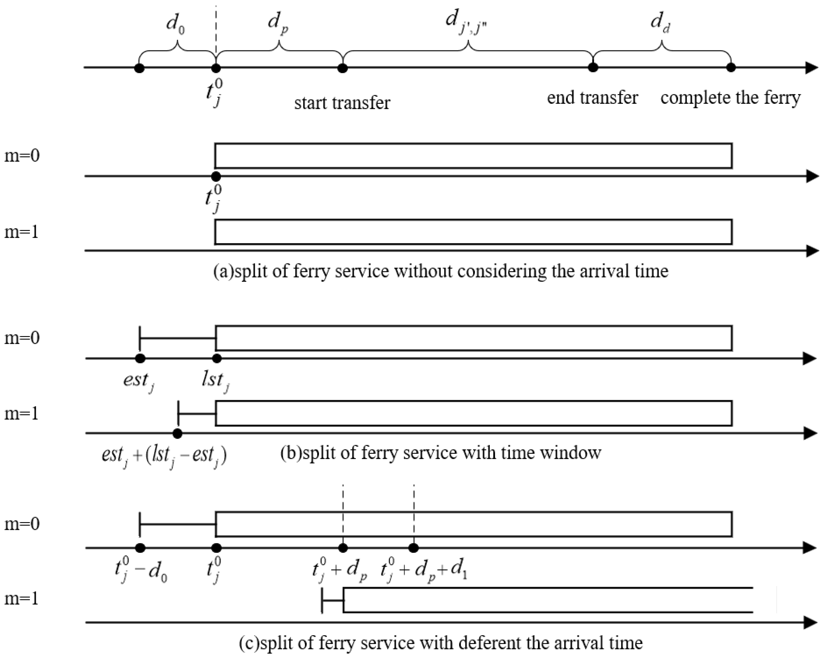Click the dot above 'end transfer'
click(x=593, y=68)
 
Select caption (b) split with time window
click(x=441, y=453)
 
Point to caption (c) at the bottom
click(x=441, y=643)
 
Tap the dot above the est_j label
click(x=140, y=358)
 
